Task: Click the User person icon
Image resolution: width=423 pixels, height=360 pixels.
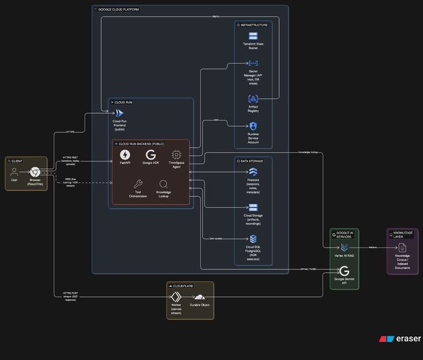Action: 14,172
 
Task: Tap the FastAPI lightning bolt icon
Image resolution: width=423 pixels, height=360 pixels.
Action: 125,155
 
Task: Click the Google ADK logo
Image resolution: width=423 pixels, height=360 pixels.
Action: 150,155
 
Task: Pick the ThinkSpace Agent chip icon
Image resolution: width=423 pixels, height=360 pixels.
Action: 176,155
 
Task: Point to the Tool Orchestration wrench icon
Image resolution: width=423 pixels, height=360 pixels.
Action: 138,184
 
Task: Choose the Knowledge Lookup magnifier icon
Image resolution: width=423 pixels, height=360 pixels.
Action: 163,184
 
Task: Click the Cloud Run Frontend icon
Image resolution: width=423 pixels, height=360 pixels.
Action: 119,112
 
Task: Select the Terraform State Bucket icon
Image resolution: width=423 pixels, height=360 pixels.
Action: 253,36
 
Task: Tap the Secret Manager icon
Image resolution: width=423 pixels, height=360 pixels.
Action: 253,63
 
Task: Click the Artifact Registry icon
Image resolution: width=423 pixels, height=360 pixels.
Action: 253,99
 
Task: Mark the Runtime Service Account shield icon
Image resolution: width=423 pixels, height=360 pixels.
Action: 253,127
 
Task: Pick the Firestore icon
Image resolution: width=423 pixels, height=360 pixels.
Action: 253,172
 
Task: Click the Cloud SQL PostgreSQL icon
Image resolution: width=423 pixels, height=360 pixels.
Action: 253,239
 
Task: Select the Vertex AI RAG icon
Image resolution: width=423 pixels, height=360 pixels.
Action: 345,248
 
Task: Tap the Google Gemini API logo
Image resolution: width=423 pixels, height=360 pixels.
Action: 345,271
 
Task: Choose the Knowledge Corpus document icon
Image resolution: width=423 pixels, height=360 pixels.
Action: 402,248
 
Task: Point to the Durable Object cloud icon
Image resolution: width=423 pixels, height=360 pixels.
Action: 199,297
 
